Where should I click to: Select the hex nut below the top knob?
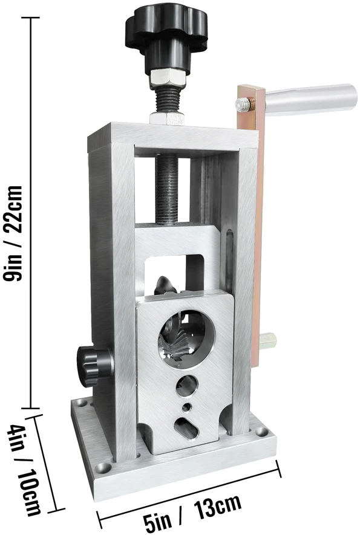pos(168,78)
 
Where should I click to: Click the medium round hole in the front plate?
pos(187,386)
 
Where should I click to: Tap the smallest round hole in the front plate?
pos(187,407)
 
